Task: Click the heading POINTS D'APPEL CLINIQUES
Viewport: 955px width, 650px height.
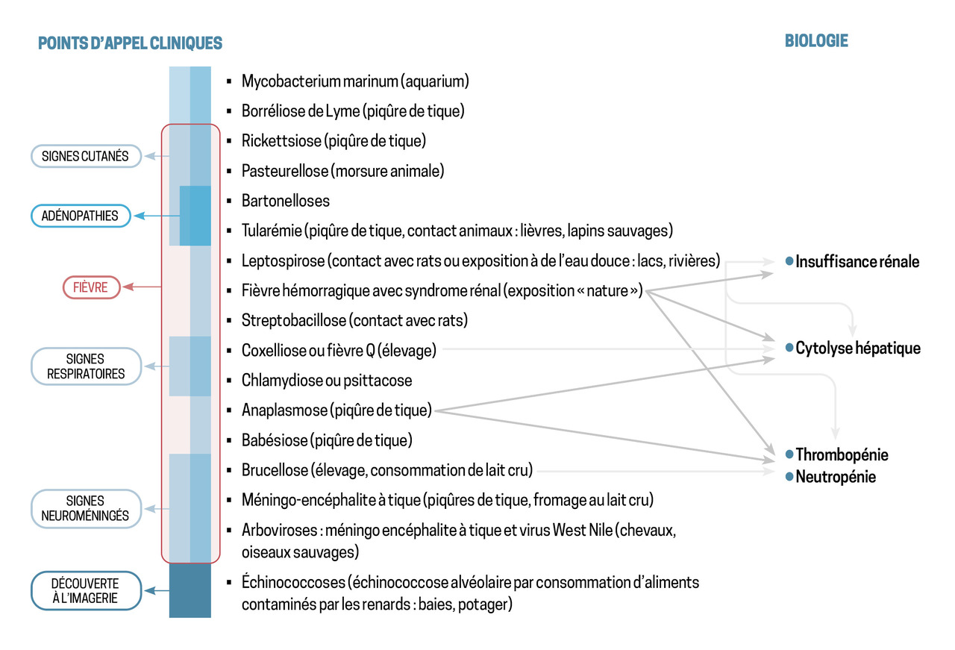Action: (130, 43)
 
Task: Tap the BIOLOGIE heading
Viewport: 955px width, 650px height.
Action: (816, 40)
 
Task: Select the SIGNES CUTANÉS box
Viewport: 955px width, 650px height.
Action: (86, 156)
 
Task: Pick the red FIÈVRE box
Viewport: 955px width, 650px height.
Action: (91, 287)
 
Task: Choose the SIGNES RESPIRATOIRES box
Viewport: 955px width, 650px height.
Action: (86, 366)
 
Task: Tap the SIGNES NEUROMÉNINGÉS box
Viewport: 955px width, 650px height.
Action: (86, 508)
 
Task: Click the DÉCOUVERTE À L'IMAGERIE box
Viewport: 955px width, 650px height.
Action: (86, 590)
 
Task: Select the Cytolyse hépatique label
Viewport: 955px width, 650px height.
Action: (858, 348)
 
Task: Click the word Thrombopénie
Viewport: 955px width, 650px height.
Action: (842, 454)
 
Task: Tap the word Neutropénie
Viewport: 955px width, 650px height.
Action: (836, 476)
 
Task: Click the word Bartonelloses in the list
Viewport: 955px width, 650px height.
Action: (286, 201)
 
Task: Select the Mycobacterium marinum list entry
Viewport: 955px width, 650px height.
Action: (355, 81)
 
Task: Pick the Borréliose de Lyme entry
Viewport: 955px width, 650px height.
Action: (353, 111)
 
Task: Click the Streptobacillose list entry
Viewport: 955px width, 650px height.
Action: (354, 320)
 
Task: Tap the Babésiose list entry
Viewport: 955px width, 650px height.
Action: (327, 440)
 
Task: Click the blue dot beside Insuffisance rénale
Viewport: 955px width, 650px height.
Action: (788, 261)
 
